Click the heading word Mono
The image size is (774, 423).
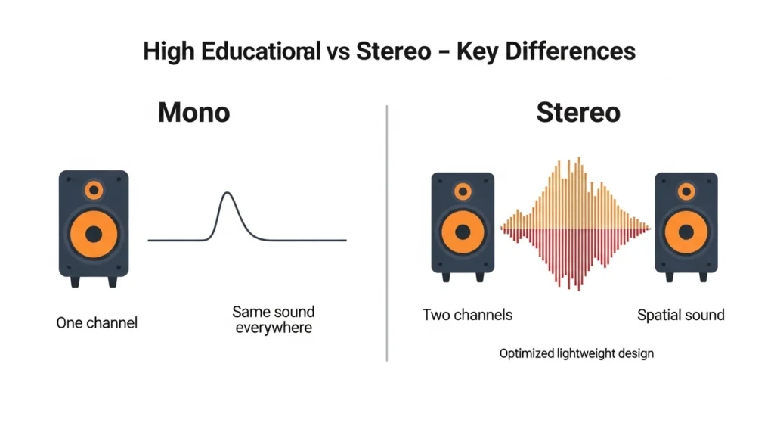coord(193,113)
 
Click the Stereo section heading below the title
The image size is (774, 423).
coord(578,113)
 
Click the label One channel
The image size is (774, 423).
coord(97,322)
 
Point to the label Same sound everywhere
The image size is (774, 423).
coord(273,319)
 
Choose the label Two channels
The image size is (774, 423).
coord(467,314)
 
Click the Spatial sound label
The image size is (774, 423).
coord(680,314)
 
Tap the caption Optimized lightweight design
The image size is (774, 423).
coord(576,353)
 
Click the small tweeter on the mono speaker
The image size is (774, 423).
coord(94,189)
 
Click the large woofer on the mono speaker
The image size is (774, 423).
coord(94,235)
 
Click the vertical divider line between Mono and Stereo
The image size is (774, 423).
coord(387,227)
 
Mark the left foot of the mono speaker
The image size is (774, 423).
coord(75,281)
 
